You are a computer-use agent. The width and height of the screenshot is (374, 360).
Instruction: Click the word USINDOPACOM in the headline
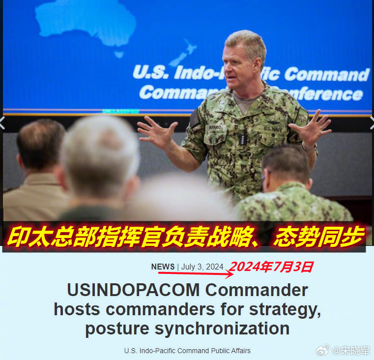pyautogui.click(x=133, y=290)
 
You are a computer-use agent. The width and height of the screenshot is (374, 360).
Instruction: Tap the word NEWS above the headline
pyautogui.click(x=163, y=267)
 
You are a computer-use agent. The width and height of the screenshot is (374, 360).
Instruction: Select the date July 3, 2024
pyautogui.click(x=202, y=267)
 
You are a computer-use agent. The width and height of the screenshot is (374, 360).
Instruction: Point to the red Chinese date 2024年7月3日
pyautogui.click(x=271, y=267)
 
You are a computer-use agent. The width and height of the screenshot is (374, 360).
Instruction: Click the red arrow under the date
pyautogui.click(x=196, y=273)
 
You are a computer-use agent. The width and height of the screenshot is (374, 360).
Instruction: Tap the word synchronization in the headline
pyautogui.click(x=222, y=329)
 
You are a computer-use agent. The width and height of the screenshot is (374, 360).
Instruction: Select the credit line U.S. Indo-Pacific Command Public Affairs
pyautogui.click(x=187, y=351)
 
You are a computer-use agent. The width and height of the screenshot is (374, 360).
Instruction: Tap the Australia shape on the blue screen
pyautogui.click(x=86, y=23)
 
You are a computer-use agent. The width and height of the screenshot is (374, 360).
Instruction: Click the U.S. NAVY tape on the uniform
pyautogui.click(x=273, y=129)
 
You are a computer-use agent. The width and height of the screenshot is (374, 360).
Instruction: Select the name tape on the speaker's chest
pyautogui.click(x=215, y=127)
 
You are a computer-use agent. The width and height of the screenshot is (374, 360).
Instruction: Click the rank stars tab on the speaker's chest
pyautogui.click(x=241, y=140)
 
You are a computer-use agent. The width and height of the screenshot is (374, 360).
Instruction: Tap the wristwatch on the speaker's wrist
pyautogui.click(x=309, y=147)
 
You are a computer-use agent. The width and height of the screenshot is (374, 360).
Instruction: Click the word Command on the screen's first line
pyautogui.click(x=327, y=74)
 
